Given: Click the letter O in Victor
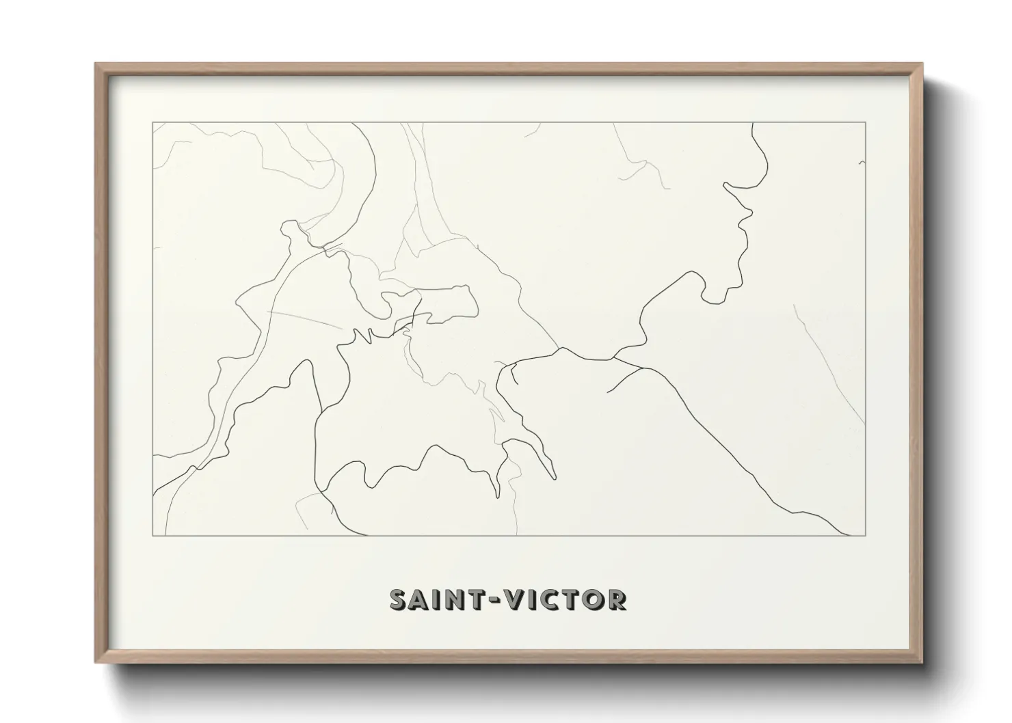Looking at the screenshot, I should pos(593,599).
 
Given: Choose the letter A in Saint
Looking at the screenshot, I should pos(421,599).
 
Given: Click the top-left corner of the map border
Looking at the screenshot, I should pos(152,122).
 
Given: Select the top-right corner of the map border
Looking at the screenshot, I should pos(866,122).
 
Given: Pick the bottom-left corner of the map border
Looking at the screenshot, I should pos(152,535).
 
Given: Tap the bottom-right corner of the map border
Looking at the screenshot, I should pos(866,535).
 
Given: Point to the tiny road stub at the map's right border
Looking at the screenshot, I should pos(862,163).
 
